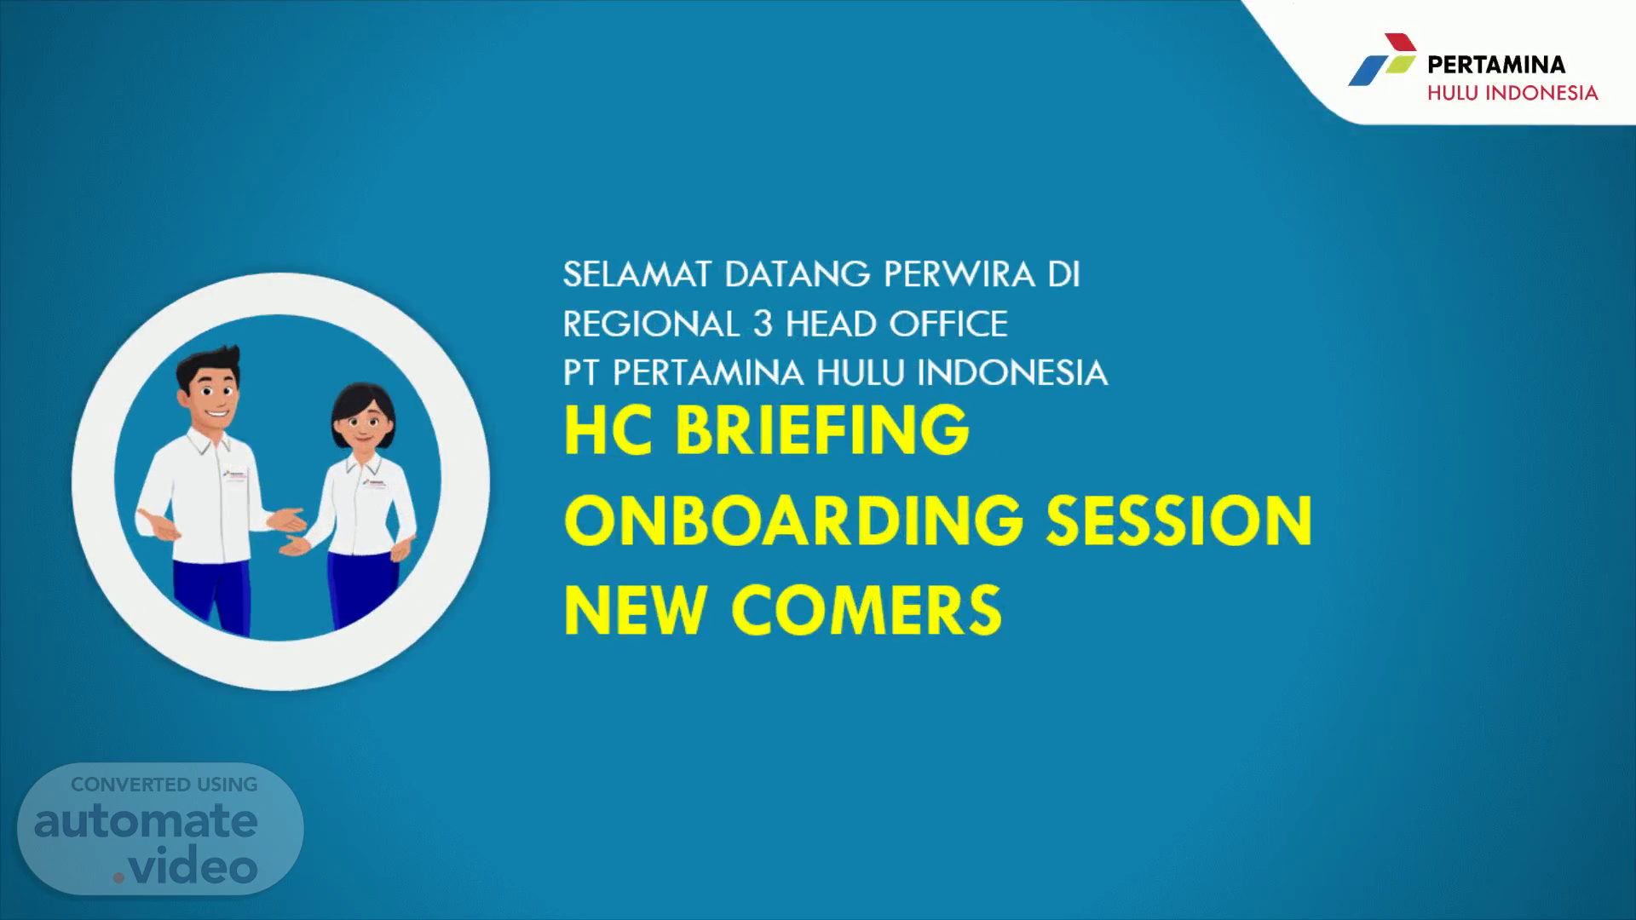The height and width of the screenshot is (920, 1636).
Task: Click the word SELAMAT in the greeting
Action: coord(637,274)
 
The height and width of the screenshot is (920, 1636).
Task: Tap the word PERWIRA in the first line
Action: coord(959,274)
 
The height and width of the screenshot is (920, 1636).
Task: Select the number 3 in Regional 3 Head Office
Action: coord(762,324)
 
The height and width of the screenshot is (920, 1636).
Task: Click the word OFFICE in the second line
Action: coord(948,324)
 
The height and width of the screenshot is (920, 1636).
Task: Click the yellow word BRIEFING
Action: coord(822,430)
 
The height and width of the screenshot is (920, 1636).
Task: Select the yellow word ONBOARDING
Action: coord(793,520)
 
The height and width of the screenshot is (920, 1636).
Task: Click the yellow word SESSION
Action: coord(1180,520)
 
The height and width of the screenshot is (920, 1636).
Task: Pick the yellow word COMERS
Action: coord(867,610)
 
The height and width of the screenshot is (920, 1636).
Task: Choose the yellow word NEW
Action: coord(634,610)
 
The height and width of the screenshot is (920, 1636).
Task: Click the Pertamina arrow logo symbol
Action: coord(1382,60)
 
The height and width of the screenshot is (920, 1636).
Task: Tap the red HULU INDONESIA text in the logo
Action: coord(1512,93)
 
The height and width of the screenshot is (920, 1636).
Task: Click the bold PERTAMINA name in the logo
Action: coord(1496,65)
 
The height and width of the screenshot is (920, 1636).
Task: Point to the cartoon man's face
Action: coord(210,395)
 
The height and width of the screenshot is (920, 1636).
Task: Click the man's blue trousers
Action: coord(212,596)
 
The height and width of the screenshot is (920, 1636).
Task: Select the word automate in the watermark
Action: coord(146,821)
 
